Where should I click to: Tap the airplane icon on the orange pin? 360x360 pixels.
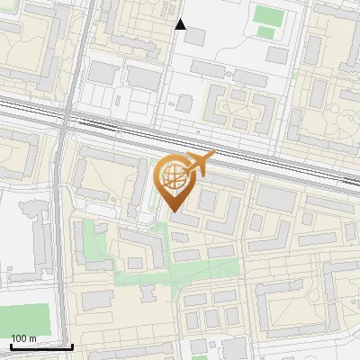(x=197, y=165)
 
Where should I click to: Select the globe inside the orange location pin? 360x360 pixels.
(x=175, y=178)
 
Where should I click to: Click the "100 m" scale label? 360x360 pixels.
(x=23, y=338)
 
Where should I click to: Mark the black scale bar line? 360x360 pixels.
(x=41, y=346)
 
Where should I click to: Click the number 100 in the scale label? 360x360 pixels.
(x=18, y=338)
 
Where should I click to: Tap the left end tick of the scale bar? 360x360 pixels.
(x=10, y=345)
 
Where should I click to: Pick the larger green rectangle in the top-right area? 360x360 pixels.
(x=265, y=14)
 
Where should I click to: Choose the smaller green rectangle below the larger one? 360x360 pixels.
(x=265, y=31)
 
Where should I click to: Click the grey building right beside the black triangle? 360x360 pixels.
(x=194, y=36)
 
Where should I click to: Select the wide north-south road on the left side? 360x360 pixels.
(x=65, y=225)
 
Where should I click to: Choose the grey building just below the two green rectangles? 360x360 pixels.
(x=277, y=55)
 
